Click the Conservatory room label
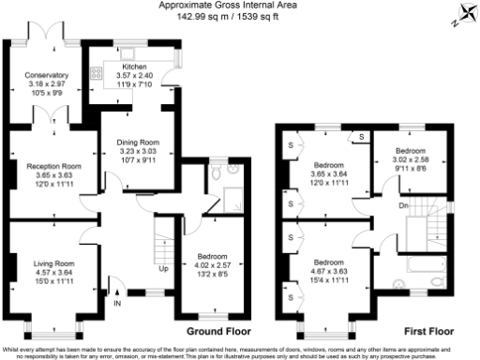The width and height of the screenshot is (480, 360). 47,75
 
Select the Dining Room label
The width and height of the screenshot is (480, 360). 139,142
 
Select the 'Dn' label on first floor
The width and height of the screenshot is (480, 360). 404,205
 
